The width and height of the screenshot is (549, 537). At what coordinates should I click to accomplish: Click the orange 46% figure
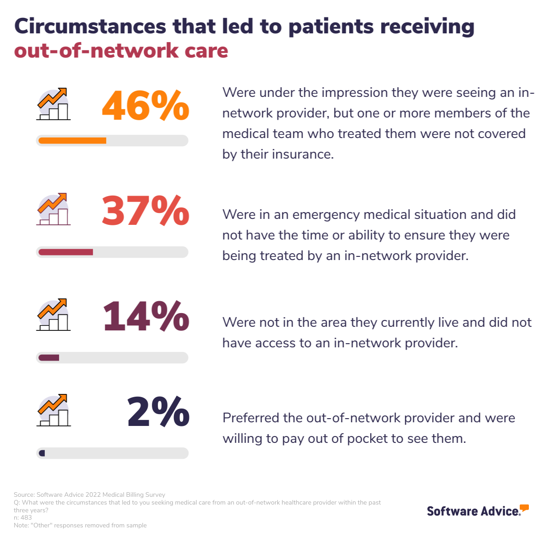click(145, 106)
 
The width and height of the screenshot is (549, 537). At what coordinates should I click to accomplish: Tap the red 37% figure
click(145, 211)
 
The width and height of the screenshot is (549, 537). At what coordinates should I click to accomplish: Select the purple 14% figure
click(146, 316)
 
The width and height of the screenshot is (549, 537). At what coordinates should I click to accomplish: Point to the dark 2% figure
click(158, 412)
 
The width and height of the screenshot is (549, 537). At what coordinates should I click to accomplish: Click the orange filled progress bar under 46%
click(72, 141)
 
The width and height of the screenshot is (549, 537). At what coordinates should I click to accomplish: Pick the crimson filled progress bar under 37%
click(66, 252)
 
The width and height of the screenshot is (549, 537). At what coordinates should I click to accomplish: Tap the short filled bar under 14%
click(49, 358)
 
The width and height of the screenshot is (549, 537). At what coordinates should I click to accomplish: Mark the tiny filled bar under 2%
click(42, 453)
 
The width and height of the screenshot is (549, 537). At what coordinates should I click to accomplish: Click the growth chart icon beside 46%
click(54, 104)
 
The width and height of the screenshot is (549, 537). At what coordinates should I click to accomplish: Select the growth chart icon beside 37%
click(54, 209)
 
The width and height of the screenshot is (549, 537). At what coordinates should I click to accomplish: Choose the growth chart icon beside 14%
click(54, 315)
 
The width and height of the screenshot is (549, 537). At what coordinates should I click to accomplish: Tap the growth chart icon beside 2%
click(54, 410)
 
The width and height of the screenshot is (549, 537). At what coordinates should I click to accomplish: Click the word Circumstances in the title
click(90, 27)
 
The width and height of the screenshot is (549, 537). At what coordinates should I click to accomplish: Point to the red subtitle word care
click(206, 51)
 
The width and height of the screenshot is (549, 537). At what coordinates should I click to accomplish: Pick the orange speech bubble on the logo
click(524, 508)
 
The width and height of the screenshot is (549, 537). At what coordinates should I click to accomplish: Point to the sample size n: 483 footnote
click(23, 518)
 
